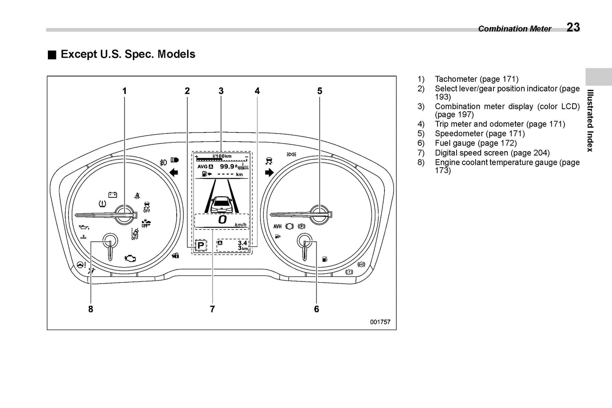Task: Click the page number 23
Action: coord(573,27)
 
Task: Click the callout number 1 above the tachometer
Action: coord(125,91)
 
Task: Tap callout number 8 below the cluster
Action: coord(91,309)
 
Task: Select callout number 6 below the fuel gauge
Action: coord(316,309)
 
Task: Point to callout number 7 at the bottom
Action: coord(212,309)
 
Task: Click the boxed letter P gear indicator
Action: coord(201,245)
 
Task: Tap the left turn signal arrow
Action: coord(174,172)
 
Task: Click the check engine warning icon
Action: coord(130,258)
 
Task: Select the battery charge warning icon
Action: coord(113,195)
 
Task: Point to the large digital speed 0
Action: coord(222,219)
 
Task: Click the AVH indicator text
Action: coord(277,226)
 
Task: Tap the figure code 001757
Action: coord(380,322)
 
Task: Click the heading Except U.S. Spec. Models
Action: coord(128,54)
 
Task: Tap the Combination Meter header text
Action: coord(515,29)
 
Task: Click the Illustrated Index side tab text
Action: coord(590,121)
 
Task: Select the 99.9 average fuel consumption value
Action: coord(227,166)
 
